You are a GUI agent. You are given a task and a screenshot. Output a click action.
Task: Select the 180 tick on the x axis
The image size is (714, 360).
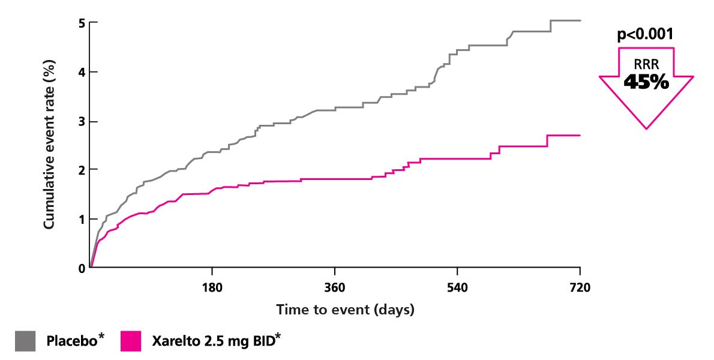tap(212, 288)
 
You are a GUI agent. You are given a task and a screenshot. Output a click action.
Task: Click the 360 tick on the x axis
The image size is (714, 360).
tap(335, 288)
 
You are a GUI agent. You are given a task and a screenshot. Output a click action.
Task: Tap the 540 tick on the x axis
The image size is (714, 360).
tap(457, 288)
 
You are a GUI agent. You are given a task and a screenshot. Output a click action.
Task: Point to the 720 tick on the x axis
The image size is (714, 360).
tap(580, 288)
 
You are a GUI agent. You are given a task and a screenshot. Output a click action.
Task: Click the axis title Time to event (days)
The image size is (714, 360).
tap(345, 310)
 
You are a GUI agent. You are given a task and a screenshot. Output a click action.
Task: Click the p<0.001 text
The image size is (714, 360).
tap(646, 34)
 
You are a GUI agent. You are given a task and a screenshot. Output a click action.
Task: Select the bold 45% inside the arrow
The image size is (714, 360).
tap(646, 82)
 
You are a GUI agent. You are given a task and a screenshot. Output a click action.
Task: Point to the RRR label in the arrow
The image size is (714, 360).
tap(646, 65)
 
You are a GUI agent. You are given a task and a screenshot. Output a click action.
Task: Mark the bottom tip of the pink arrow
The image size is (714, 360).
tap(646, 128)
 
